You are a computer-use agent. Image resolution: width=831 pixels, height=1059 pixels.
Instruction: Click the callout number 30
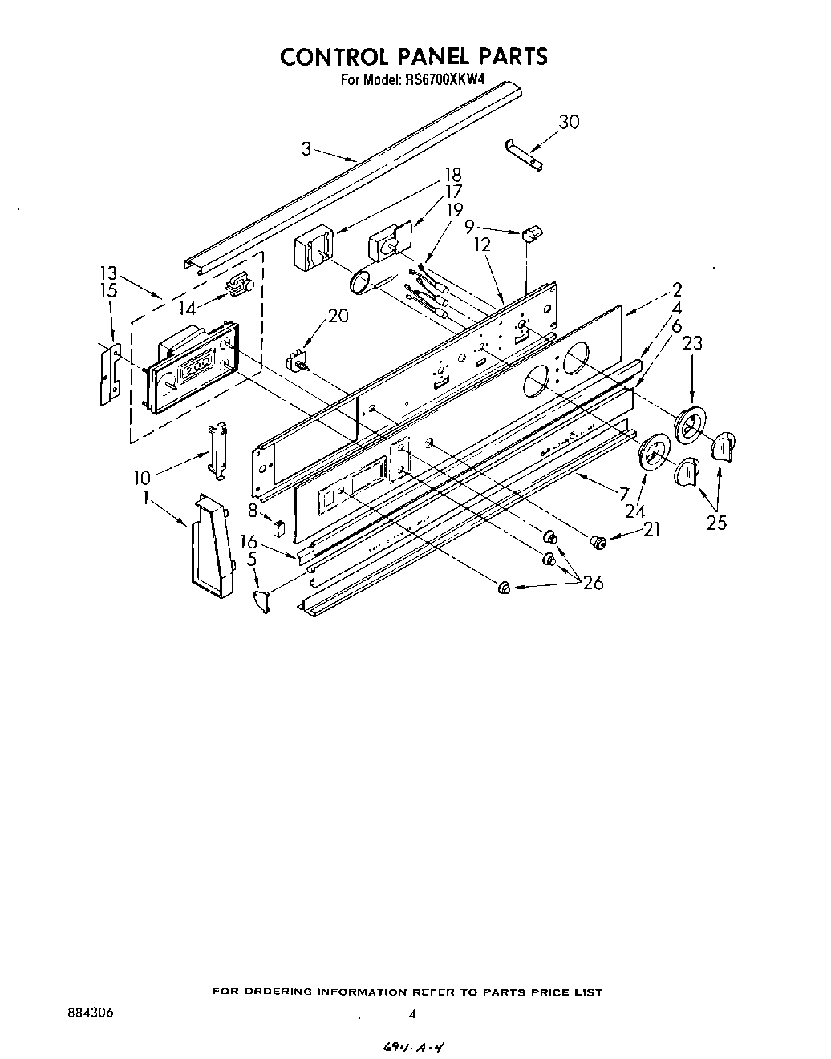click(x=569, y=122)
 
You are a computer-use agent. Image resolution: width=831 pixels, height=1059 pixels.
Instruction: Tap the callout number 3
click(x=306, y=148)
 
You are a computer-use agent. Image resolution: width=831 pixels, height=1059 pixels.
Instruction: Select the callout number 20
click(x=338, y=316)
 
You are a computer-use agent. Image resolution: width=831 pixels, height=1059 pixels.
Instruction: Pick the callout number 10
click(x=142, y=478)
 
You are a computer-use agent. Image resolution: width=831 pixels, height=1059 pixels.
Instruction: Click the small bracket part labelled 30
click(x=524, y=155)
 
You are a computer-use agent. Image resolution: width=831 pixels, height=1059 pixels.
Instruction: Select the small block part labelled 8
click(x=278, y=528)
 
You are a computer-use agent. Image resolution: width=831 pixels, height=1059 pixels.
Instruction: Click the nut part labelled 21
click(x=597, y=543)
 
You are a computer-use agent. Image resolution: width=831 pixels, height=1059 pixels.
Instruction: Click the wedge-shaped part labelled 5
click(x=261, y=600)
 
